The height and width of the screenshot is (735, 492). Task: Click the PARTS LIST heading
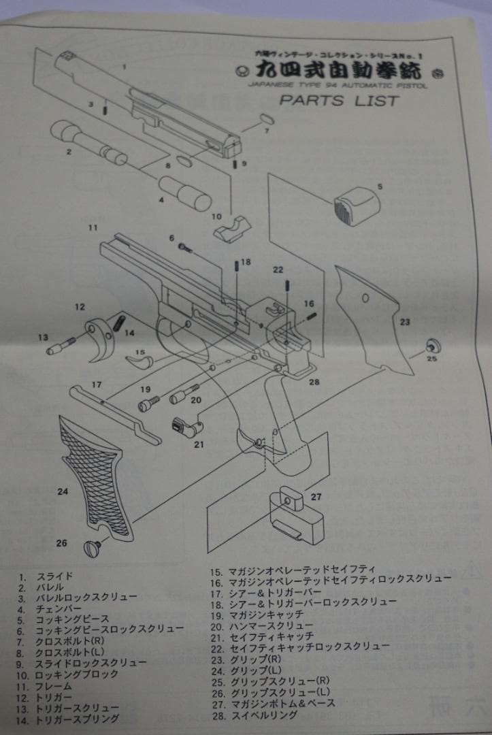pyautogui.click(x=338, y=101)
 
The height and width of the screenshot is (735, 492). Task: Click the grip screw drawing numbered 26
pyautogui.click(x=93, y=546)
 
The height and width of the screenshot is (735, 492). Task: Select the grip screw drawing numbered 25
pyautogui.click(x=430, y=344)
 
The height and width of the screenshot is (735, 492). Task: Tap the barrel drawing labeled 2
pyautogui.click(x=88, y=141)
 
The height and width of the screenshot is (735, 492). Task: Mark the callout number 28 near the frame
pyautogui.click(x=314, y=382)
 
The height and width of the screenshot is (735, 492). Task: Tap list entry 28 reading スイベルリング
pyautogui.click(x=263, y=715)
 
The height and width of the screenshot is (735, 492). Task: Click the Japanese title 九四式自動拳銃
pyautogui.click(x=338, y=71)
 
